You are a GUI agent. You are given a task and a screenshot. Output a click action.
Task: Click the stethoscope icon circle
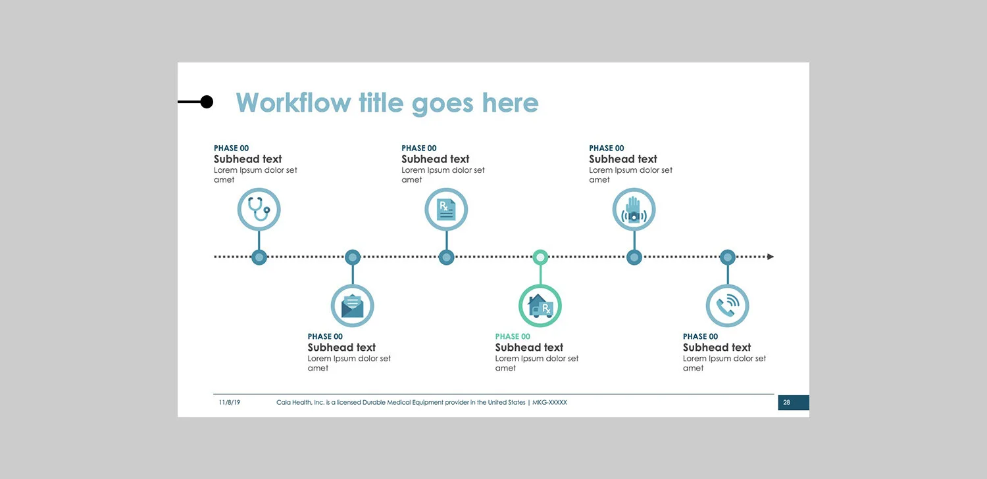[x=259, y=210]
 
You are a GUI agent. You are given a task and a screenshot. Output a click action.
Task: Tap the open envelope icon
[x=352, y=306]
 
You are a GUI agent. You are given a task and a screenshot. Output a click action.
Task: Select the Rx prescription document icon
[x=446, y=210]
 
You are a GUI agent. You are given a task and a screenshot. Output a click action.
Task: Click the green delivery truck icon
[x=540, y=306]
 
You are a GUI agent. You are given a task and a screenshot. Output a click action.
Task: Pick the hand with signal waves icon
[x=634, y=210]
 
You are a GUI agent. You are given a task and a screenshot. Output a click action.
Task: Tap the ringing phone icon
[x=727, y=306]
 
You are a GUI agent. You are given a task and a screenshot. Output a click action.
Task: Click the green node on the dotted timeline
[x=540, y=257]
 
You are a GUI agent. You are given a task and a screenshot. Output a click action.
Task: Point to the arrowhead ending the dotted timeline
[x=771, y=257]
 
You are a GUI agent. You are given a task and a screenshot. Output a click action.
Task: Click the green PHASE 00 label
[x=513, y=336]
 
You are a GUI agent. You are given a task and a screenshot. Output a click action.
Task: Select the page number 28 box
[x=793, y=403]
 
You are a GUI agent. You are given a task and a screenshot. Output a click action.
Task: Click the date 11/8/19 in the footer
[x=230, y=402]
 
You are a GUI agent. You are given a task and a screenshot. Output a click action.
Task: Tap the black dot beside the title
[x=207, y=102]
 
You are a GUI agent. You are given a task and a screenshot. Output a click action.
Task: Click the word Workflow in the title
[x=293, y=103]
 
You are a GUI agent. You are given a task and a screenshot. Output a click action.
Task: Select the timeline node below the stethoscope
[x=259, y=257]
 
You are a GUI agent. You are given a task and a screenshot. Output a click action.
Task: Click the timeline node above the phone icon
[x=727, y=257]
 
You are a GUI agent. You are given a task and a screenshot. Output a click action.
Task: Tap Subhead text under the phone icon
[x=717, y=348]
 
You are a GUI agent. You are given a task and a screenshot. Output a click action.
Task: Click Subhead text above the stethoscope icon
[x=247, y=159]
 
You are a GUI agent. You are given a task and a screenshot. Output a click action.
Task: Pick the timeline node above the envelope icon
[x=353, y=257]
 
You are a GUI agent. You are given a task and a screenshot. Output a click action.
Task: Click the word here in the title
[x=510, y=103]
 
